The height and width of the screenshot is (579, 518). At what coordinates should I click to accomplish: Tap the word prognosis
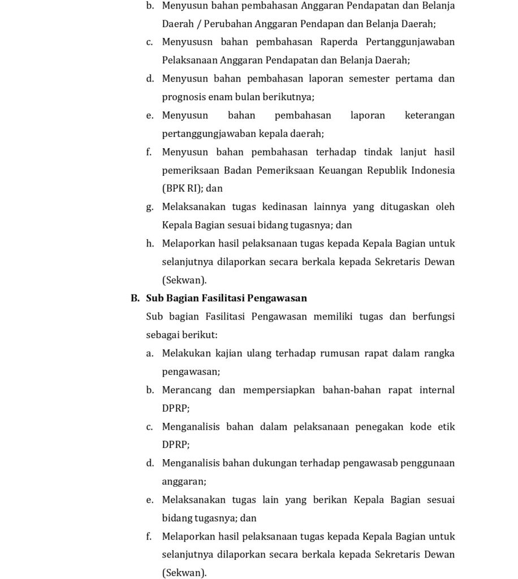point(184,97)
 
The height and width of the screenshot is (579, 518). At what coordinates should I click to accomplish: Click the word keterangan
point(430,115)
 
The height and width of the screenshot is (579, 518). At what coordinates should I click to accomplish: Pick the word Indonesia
point(431,170)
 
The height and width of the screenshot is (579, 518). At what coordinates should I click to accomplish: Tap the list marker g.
point(149,207)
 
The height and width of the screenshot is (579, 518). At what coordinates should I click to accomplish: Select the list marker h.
point(150,244)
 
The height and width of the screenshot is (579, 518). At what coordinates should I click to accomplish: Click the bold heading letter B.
point(135,298)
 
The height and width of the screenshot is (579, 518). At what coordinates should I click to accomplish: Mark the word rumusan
point(337,353)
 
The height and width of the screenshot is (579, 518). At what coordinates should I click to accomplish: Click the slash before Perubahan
point(198,24)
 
